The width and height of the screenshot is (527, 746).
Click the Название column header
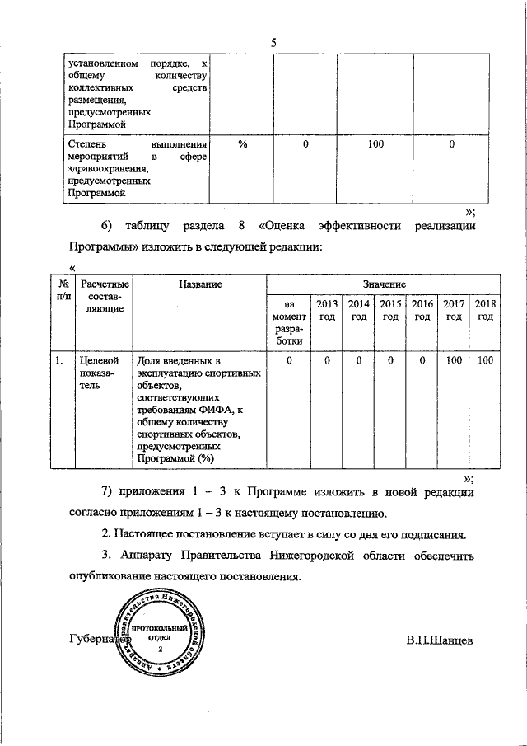(x=199, y=284)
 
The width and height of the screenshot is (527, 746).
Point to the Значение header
(x=383, y=284)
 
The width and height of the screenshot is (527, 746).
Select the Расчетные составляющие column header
(x=103, y=296)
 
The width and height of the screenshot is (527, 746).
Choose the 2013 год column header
(x=326, y=311)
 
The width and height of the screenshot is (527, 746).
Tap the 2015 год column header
(x=390, y=311)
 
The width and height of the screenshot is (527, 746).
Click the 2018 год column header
(x=486, y=311)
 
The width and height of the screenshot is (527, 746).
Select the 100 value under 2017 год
(x=454, y=360)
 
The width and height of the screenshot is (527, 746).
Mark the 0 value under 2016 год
(x=422, y=360)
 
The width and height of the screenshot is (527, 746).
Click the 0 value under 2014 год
(x=358, y=360)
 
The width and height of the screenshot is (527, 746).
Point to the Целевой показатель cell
(x=98, y=373)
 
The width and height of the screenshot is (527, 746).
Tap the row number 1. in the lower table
(x=58, y=360)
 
